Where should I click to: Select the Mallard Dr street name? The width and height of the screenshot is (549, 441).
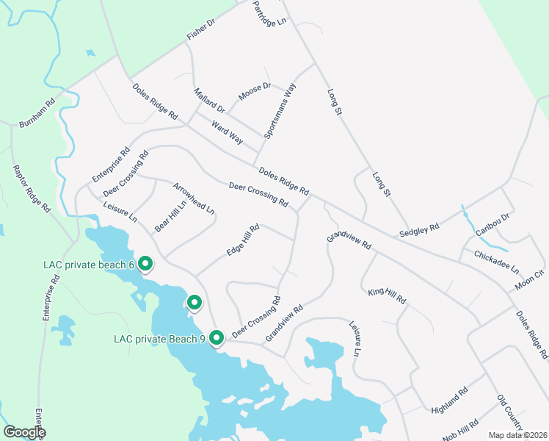(209, 104)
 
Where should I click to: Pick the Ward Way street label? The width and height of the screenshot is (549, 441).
(227, 132)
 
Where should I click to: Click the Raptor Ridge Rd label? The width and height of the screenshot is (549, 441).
(32, 188)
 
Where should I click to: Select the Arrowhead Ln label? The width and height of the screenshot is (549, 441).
(194, 198)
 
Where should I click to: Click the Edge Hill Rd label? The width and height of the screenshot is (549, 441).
(244, 240)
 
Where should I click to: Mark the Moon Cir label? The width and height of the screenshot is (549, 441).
(530, 279)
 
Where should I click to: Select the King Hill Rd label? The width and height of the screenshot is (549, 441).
(387, 297)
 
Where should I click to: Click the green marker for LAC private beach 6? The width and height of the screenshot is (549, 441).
(145, 263)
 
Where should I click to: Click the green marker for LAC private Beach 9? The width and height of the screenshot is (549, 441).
(217, 338)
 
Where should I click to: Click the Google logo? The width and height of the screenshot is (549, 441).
(24, 432)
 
